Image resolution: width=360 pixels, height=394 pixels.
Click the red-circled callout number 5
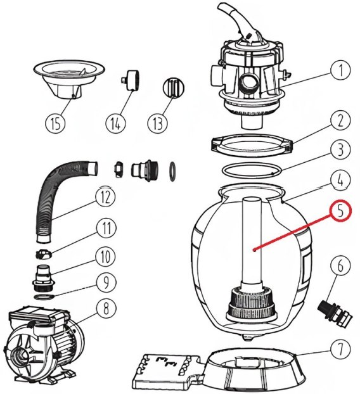click(340, 211)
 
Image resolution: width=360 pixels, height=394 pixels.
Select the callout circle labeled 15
click(56, 124)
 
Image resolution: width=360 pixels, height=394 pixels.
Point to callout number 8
click(106, 308)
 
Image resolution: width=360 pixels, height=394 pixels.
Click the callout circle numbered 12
click(106, 197)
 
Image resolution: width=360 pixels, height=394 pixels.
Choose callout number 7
click(340, 350)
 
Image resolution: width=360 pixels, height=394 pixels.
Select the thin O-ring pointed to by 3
click(252, 170)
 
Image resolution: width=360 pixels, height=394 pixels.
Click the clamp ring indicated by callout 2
click(252, 145)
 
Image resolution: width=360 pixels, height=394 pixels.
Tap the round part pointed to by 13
click(174, 87)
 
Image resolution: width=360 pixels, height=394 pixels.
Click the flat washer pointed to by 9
click(44, 296)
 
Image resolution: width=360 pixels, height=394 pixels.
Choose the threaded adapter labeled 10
click(44, 277)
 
